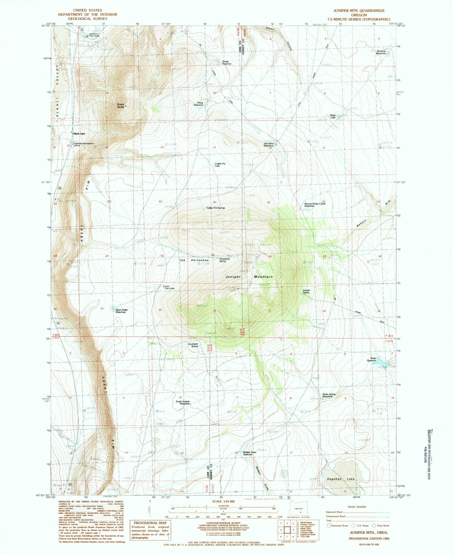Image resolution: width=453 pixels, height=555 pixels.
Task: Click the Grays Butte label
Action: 121,106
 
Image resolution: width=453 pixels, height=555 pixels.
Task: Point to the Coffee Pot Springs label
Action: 215,208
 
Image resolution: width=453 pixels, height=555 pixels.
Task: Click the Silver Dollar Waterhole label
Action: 122,311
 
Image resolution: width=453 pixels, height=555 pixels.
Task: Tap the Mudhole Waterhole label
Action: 381,52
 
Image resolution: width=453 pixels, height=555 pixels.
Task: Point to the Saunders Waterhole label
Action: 269,144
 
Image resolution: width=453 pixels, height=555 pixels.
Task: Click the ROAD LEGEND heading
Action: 357,507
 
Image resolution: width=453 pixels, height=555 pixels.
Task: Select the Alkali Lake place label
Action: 79,134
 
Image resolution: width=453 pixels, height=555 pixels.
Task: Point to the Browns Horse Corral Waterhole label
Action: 315,205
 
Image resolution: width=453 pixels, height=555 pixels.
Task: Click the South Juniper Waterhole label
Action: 183,403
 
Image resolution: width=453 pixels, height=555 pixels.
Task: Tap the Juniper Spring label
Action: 306,291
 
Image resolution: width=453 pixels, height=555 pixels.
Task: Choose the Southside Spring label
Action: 193,345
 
